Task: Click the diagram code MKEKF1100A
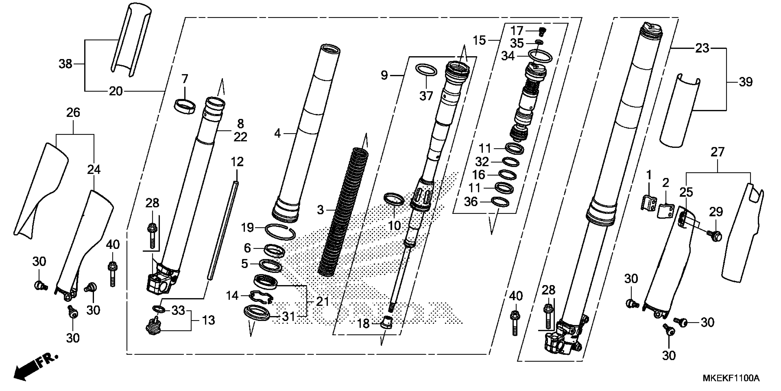[731, 378]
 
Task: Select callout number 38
[65, 64]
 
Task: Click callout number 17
[517, 31]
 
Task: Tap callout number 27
[717, 152]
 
